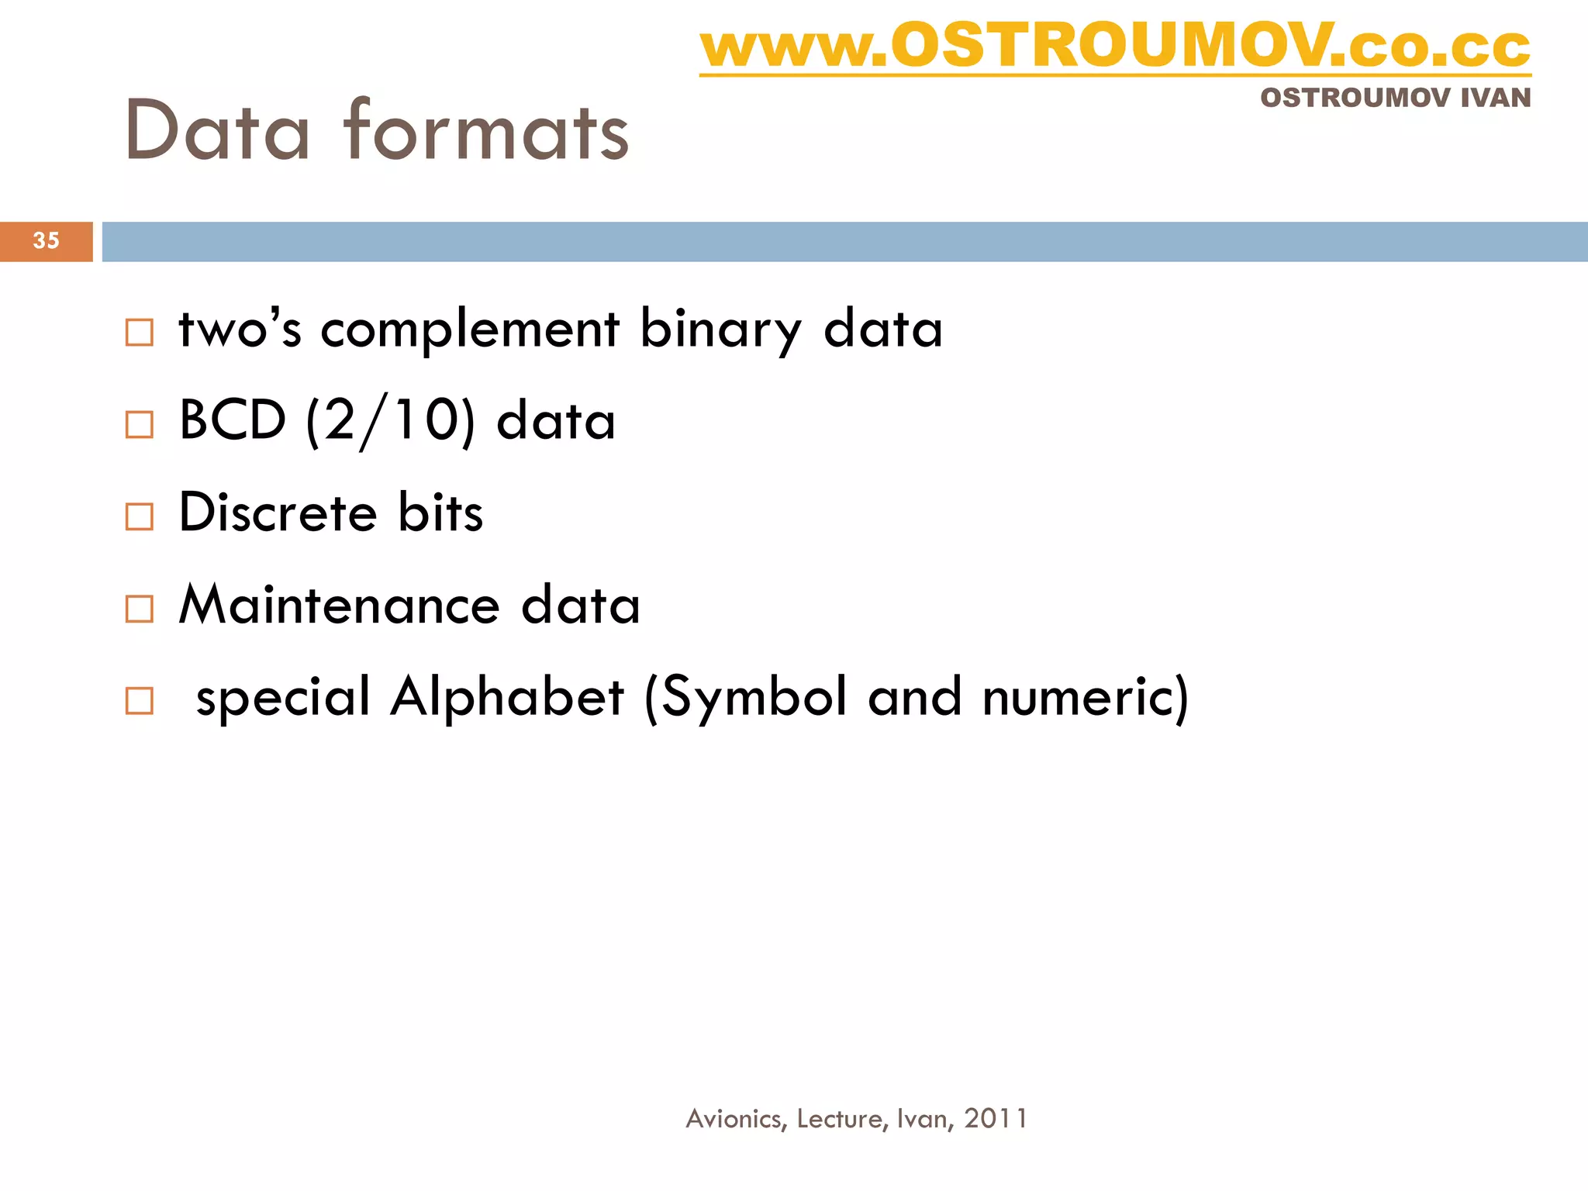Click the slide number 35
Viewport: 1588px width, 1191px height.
click(x=46, y=240)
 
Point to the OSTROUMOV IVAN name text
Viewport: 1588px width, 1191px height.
click(x=1395, y=98)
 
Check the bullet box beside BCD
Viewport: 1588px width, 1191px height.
click(x=140, y=424)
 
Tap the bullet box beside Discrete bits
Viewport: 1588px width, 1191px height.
click(x=140, y=516)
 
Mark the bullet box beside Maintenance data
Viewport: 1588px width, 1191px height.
click(x=140, y=609)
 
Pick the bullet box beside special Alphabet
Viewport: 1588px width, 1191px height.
click(x=140, y=700)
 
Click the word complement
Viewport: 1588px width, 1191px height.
click(x=470, y=330)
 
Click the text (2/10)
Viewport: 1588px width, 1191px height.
click(x=390, y=421)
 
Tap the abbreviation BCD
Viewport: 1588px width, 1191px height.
click(x=233, y=421)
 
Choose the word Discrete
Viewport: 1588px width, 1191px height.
click(x=278, y=513)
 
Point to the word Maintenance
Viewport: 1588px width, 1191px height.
click(x=339, y=605)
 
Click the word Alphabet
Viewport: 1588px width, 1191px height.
click(x=507, y=696)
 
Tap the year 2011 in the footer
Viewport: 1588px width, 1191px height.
click(x=996, y=1118)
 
